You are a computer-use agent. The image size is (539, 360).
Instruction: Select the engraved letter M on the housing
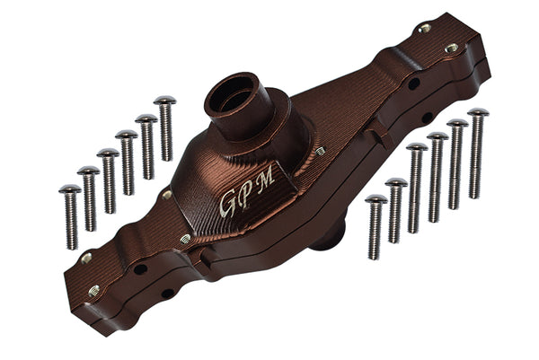[x=267, y=179]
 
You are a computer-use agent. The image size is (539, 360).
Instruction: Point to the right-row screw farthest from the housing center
[x=477, y=153]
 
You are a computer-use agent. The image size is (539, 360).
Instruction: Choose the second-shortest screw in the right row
[x=395, y=209]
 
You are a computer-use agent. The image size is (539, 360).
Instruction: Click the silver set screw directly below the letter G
[x=186, y=239]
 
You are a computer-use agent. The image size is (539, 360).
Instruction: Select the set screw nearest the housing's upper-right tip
[x=451, y=48]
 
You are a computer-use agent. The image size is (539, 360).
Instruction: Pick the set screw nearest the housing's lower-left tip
[x=93, y=290]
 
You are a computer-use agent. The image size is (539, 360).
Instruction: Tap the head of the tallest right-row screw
[x=477, y=113]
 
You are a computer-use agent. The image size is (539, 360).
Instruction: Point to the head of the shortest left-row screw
[x=70, y=189]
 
